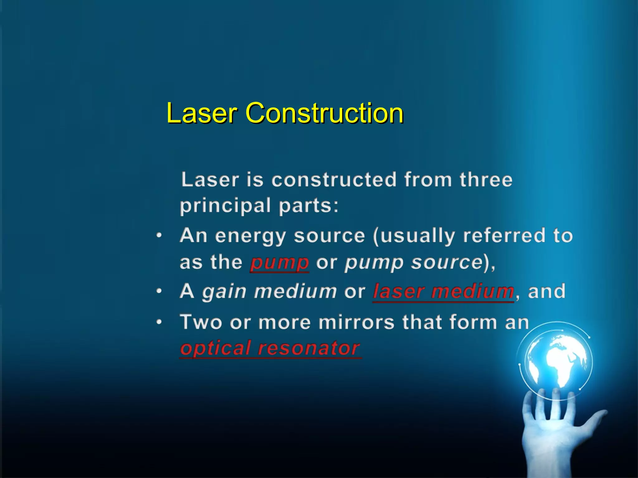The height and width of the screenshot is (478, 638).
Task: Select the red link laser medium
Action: point(443,292)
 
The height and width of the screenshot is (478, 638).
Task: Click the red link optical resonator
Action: point(270,348)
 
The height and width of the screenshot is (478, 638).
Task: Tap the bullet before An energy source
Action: point(159,236)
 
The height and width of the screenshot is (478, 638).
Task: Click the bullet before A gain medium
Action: point(159,292)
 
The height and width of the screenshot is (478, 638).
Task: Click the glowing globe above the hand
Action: point(558,361)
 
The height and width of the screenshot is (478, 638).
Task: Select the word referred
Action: point(504,236)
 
